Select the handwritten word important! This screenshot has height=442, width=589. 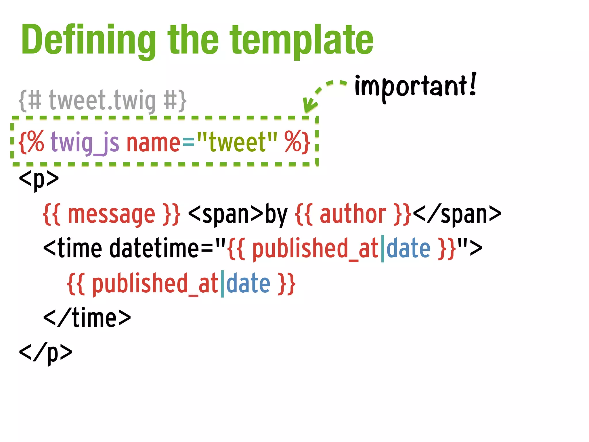click(415, 86)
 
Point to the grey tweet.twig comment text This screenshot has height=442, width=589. click(102, 101)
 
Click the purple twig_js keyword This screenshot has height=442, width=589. click(85, 143)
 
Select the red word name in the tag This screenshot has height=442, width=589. click(153, 143)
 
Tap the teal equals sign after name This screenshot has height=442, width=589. click(188, 143)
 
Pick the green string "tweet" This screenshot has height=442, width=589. click(237, 142)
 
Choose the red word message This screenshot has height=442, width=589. click(111, 214)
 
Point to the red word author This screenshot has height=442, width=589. click(353, 214)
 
